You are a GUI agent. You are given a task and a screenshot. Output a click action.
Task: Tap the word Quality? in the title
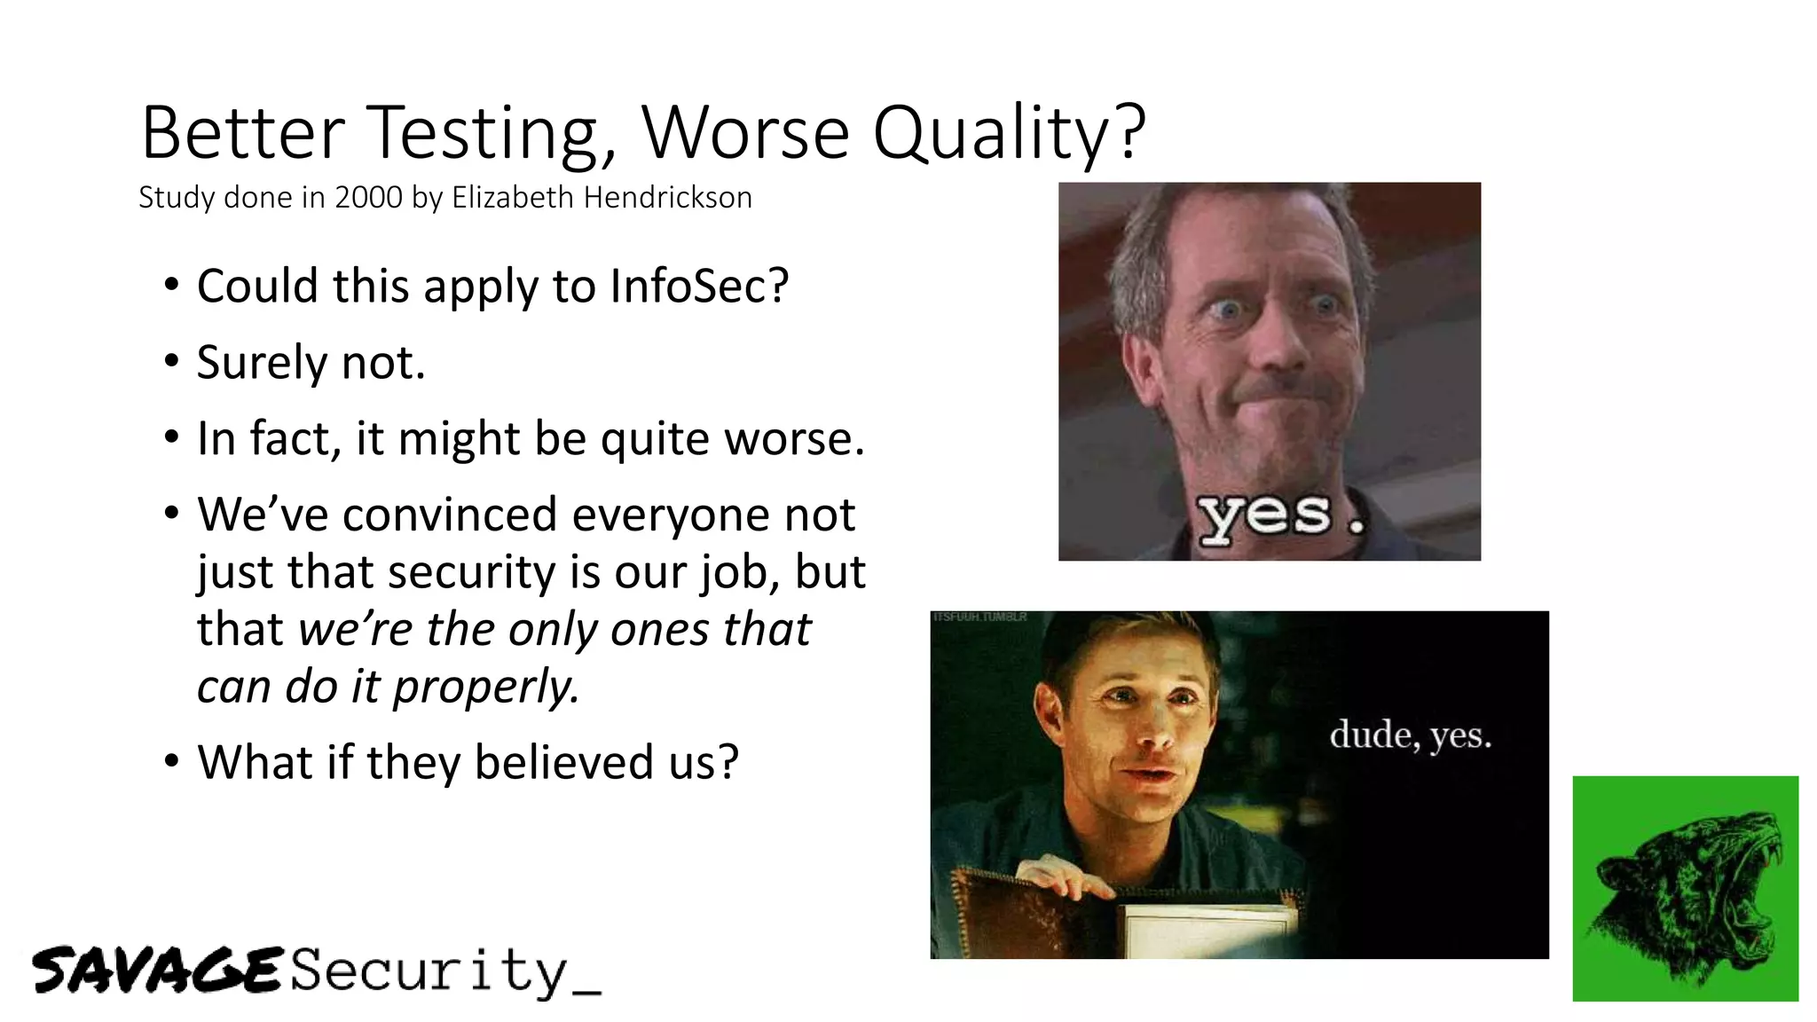coord(1010,133)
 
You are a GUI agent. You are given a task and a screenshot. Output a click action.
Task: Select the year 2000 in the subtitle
coord(369,197)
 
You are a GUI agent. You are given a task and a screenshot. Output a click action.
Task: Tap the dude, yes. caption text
coord(1410,735)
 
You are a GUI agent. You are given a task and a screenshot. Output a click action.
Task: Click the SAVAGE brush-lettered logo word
coord(157,970)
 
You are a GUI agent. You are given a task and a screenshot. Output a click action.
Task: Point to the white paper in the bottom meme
coord(1207,932)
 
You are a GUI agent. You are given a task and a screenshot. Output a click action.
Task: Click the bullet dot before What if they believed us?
coord(172,762)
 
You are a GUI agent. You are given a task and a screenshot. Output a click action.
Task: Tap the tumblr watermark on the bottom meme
coord(979,617)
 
